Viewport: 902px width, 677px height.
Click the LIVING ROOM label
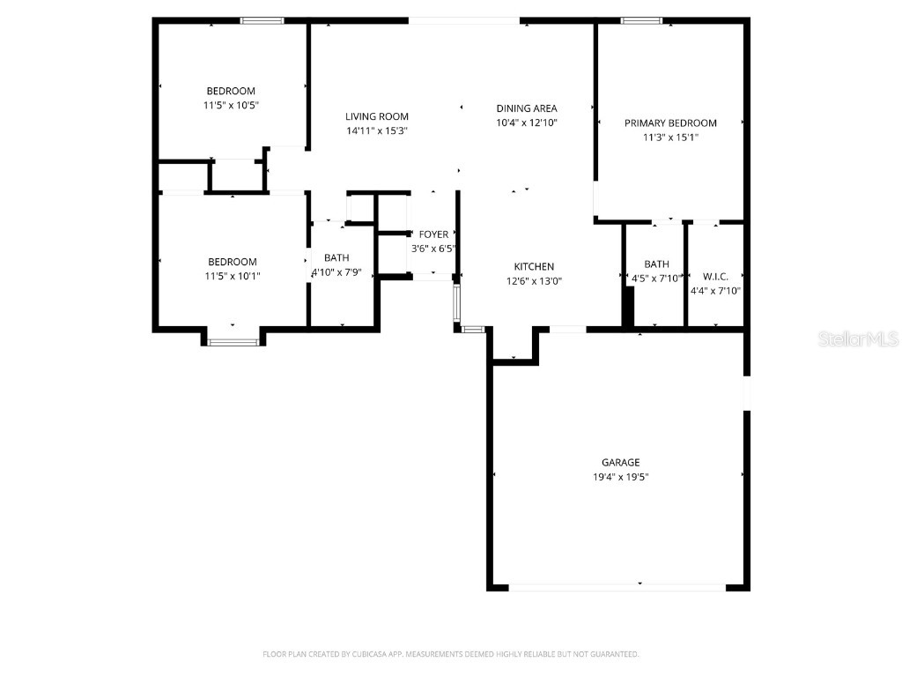376,116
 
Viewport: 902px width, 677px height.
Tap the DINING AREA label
527,108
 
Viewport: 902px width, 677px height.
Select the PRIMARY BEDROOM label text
670,123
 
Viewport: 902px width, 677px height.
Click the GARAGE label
620,462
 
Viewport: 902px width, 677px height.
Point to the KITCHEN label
534,266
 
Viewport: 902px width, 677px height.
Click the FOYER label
433,234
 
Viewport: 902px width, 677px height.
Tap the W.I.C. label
715,276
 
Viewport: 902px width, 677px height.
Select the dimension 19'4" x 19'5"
620,477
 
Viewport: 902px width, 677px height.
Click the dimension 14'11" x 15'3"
376,130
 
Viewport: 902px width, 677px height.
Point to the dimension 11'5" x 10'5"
231,105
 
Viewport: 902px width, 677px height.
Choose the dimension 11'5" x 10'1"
232,276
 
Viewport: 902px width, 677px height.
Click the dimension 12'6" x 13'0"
534,281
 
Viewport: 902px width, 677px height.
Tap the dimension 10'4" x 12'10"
527,123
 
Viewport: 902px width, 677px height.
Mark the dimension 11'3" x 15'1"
670,138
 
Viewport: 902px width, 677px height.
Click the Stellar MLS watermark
857,339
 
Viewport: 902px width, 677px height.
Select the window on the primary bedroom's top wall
642,20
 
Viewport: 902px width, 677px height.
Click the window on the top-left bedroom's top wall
262,20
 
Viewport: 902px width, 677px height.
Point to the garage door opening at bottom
616,586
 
